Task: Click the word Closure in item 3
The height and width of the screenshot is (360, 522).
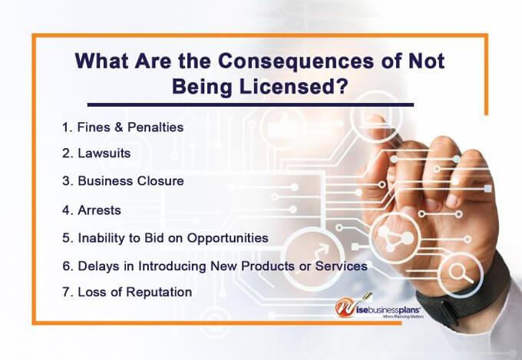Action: pos(162,181)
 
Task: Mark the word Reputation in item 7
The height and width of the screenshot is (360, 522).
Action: pos(157,292)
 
